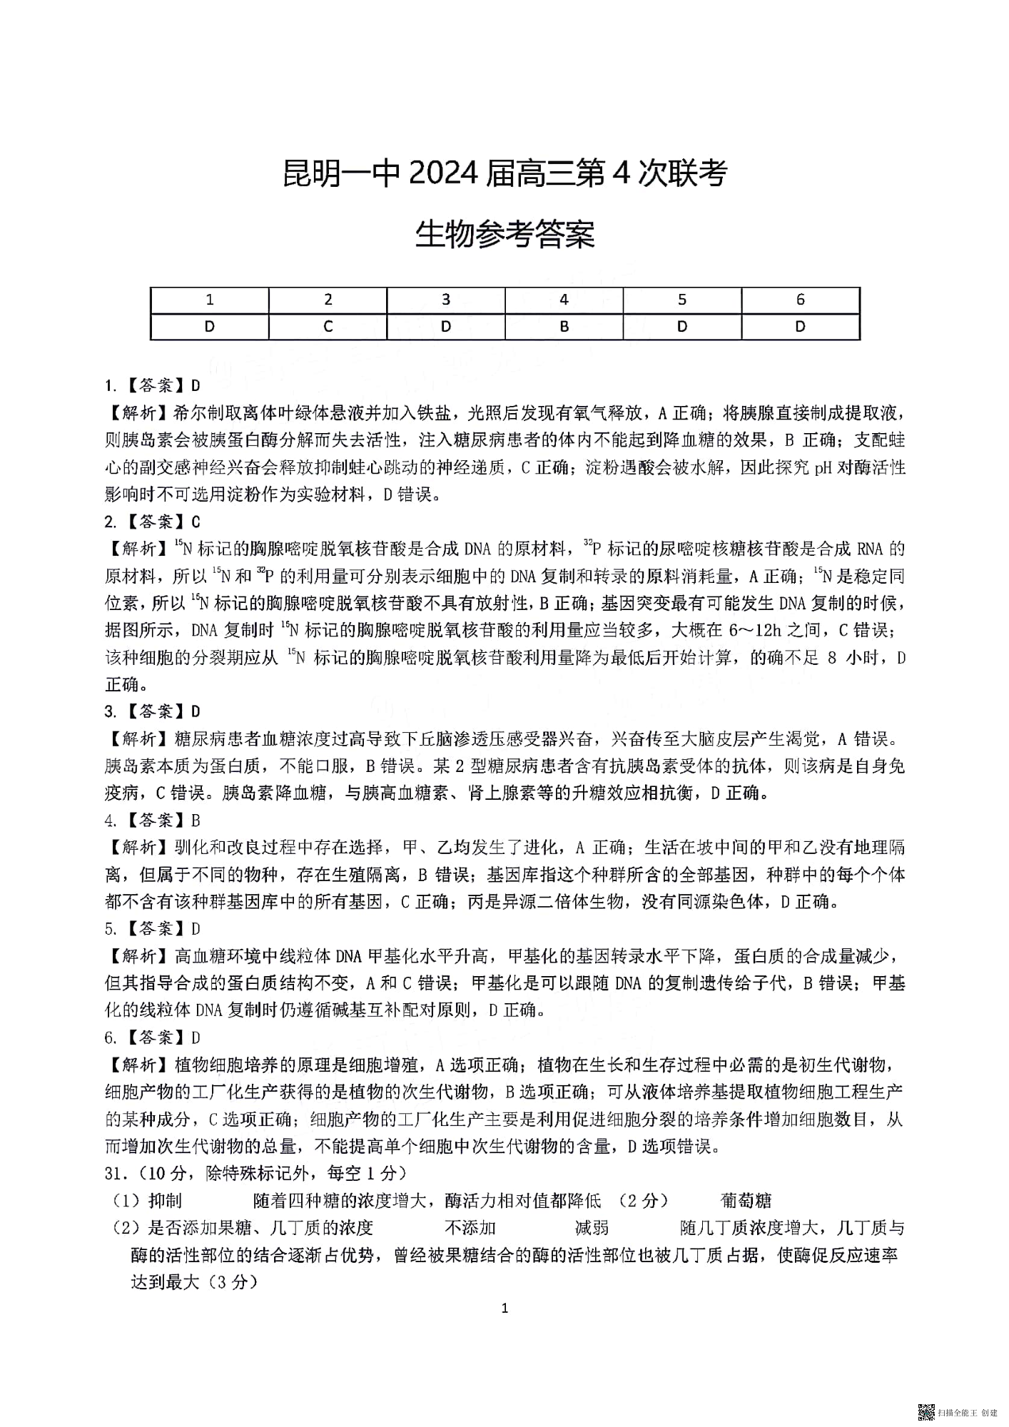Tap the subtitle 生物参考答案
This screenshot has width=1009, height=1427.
pyautogui.click(x=505, y=235)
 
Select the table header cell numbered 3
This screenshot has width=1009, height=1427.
pyautogui.click(x=446, y=300)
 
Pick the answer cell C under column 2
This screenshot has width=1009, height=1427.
pyautogui.click(x=328, y=326)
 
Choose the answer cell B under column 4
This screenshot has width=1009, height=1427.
pyautogui.click(x=564, y=326)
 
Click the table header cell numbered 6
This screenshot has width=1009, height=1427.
pyautogui.click(x=800, y=300)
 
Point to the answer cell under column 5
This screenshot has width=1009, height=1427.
pyautogui.click(x=682, y=326)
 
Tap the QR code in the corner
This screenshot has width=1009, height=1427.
pyautogui.click(x=926, y=1411)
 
